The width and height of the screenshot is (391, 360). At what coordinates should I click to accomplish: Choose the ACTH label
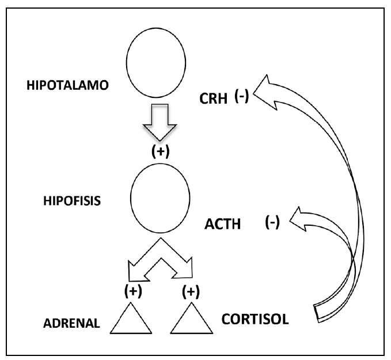[222, 224]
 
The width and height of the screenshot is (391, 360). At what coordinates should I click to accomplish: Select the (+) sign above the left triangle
[133, 291]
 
